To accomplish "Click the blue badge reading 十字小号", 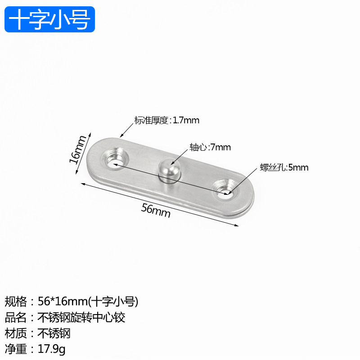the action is coord(50,19).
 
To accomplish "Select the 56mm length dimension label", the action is coord(156,210).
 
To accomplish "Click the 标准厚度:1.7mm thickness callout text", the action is coord(166,120).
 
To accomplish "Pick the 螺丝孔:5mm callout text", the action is coord(284,168).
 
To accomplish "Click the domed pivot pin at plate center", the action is coord(169,171).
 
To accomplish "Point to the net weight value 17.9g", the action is coord(52,349).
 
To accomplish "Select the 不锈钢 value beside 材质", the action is coord(54,333).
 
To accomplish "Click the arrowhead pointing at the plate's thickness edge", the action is coord(121,135).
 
